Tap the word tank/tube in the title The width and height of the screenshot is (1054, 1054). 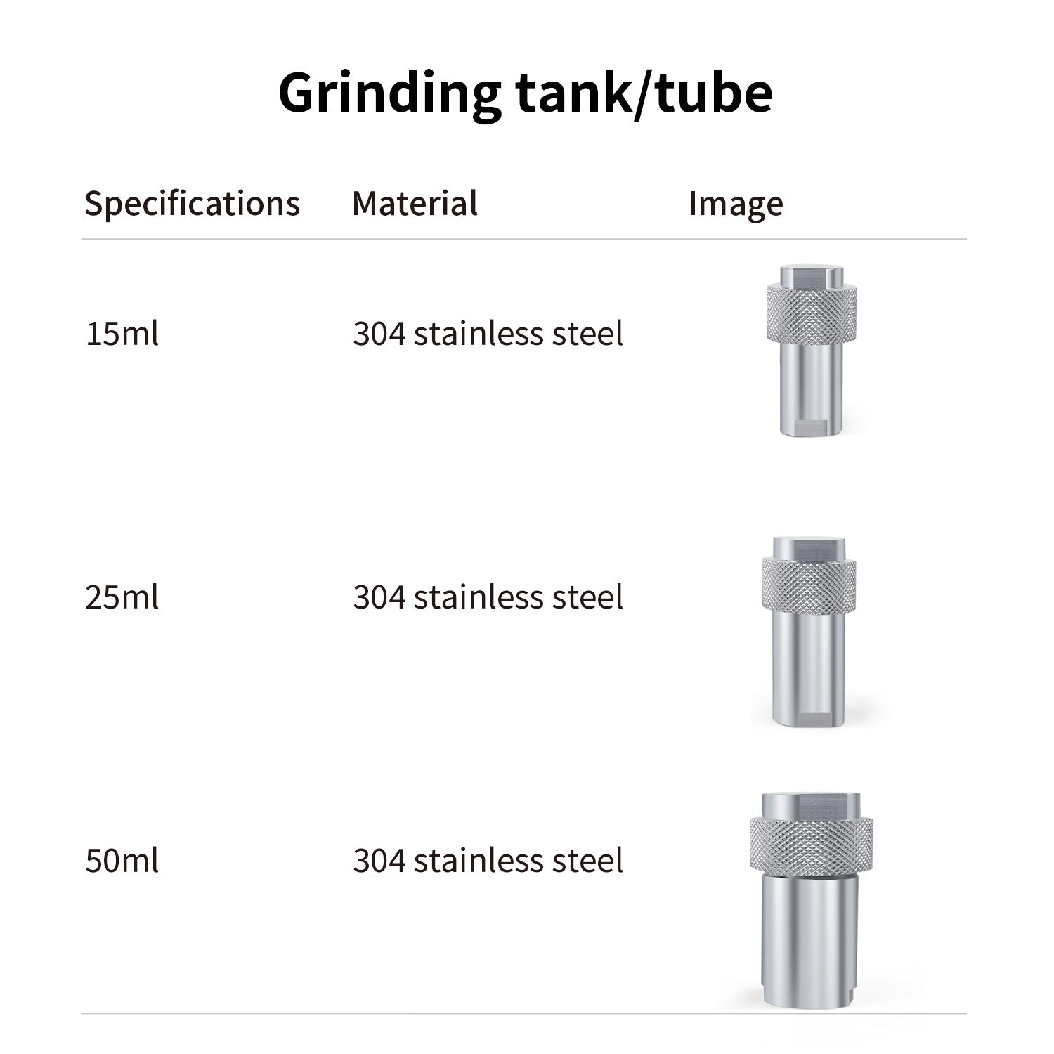[644, 92]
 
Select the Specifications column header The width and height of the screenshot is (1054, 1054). [192, 204]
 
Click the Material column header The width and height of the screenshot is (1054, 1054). [415, 203]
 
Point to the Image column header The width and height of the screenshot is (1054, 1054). [736, 204]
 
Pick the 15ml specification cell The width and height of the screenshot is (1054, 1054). [122, 333]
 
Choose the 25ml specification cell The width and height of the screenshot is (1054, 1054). [122, 597]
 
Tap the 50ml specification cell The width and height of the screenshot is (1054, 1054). [122, 861]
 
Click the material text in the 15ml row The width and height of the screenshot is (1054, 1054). [488, 333]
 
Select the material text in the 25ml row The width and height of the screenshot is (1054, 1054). [488, 597]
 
